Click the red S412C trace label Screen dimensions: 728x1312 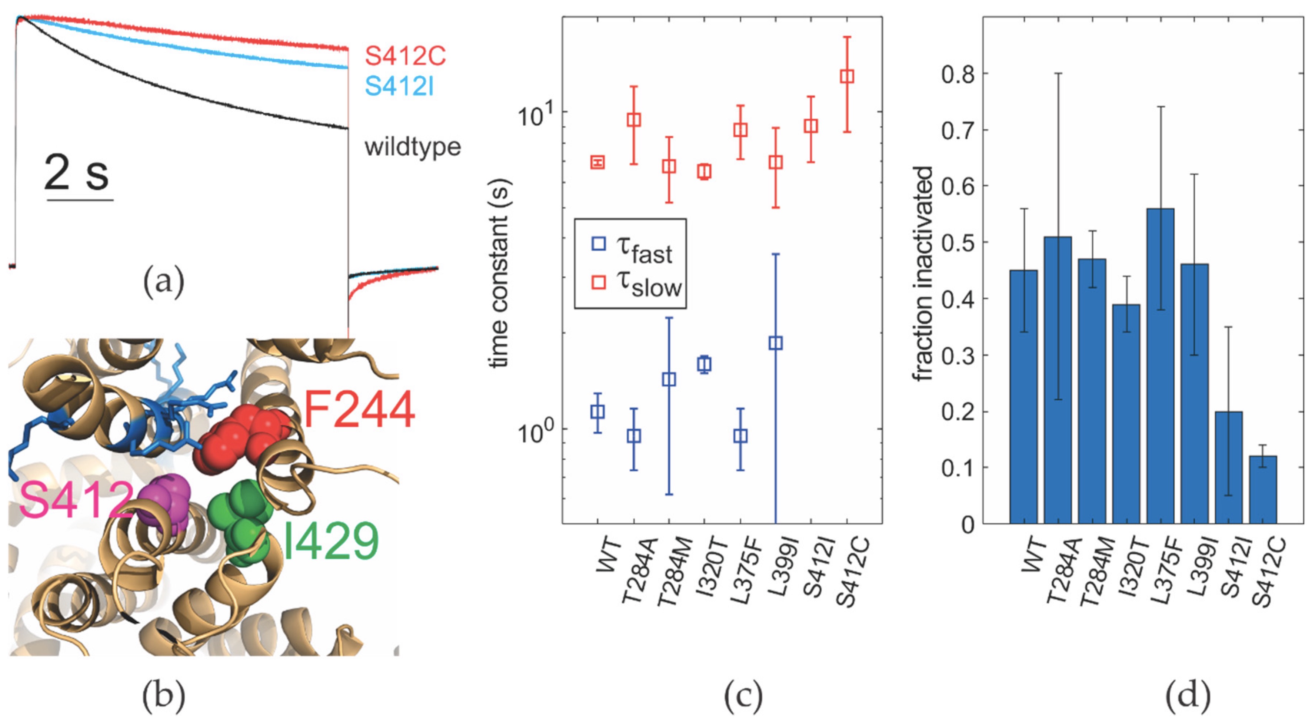coord(405,56)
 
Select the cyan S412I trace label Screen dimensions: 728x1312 coord(399,87)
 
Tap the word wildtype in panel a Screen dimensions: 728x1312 coord(413,147)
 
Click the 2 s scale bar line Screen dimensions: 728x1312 coord(80,199)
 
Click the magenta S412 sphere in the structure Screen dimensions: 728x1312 coord(166,502)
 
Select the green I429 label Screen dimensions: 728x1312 coord(331,542)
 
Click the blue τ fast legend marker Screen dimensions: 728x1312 coord(599,243)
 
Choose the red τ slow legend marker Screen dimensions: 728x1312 coord(599,282)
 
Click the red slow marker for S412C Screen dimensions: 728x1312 coord(846,76)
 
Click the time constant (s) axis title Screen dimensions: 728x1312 coord(500,273)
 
